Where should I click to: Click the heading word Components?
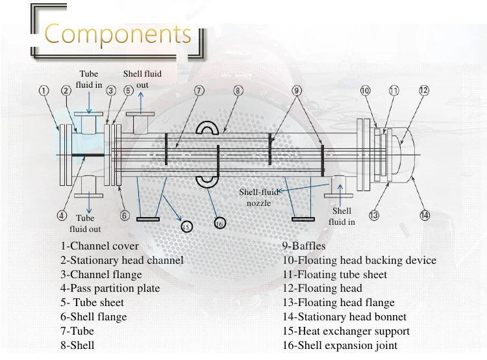[x=118, y=34]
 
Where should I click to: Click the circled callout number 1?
[x=44, y=90]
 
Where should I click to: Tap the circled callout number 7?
[x=199, y=90]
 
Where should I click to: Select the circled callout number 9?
[x=297, y=90]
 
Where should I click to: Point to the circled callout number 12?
[x=424, y=90]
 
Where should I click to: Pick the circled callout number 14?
[x=425, y=216]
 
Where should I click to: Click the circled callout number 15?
[x=186, y=226]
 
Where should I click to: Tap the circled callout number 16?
[x=219, y=224]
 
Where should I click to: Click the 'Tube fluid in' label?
[x=89, y=79]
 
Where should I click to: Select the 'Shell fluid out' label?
[x=142, y=79]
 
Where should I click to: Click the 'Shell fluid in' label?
[x=342, y=216]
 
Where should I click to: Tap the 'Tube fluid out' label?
[x=85, y=224]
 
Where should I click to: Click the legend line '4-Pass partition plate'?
[x=110, y=289]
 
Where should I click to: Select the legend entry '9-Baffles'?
[x=304, y=246]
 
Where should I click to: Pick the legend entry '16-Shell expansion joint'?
[x=340, y=346]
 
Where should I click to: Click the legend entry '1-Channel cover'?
[x=100, y=246]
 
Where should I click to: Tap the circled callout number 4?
[x=62, y=216]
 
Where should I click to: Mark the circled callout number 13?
[x=374, y=216]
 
